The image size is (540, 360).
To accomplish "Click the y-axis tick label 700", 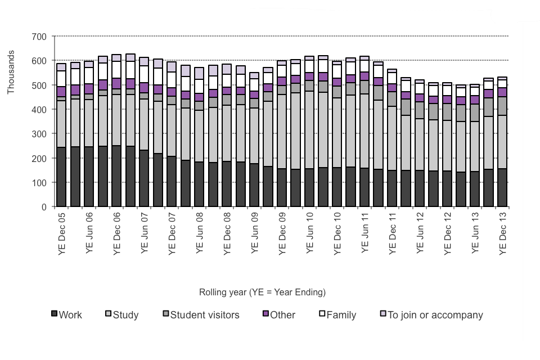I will [x=39, y=37].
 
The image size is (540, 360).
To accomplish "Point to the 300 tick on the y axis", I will [x=39, y=134].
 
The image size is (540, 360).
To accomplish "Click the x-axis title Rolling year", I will [x=262, y=292].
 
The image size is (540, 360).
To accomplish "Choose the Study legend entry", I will [x=125, y=314].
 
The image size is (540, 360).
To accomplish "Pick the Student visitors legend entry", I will [x=204, y=314].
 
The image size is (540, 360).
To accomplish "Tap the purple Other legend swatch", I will [x=265, y=313].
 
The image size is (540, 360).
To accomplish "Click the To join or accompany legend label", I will [x=435, y=314].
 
